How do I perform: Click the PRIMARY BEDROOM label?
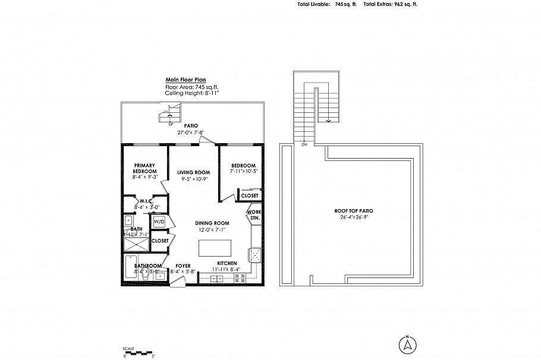tap(145, 168)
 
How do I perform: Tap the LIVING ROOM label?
tap(194, 172)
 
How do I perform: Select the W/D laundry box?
tap(159, 222)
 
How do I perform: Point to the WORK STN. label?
tap(254, 214)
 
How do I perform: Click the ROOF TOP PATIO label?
tap(354, 211)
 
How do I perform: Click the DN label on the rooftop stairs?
tap(304, 144)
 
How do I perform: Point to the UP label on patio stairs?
tap(171, 124)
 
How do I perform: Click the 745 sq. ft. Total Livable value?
tap(345, 4)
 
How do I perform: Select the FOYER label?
tap(183, 266)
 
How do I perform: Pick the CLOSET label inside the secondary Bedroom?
tap(250, 195)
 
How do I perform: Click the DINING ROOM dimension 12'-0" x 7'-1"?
tap(212, 229)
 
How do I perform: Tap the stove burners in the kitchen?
tap(240, 277)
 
